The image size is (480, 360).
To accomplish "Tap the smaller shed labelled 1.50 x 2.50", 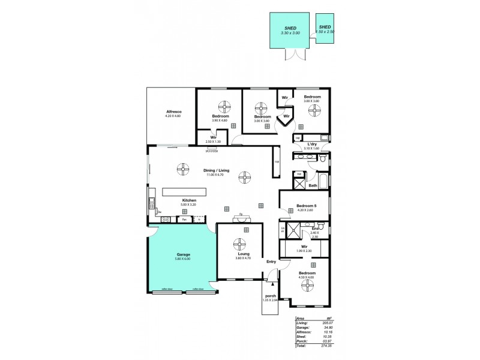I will pos(325,28).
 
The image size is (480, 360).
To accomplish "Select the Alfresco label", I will pos(174,112).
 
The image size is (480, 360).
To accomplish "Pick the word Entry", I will pos(271,262).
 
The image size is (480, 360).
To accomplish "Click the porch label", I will pos(270,296).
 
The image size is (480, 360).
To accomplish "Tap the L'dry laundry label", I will pos(311,144).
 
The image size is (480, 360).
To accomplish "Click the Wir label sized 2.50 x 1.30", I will pos(213,137).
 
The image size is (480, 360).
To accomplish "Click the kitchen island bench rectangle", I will pos(184,192).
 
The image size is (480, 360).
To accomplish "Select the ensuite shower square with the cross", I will pos(295,230).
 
